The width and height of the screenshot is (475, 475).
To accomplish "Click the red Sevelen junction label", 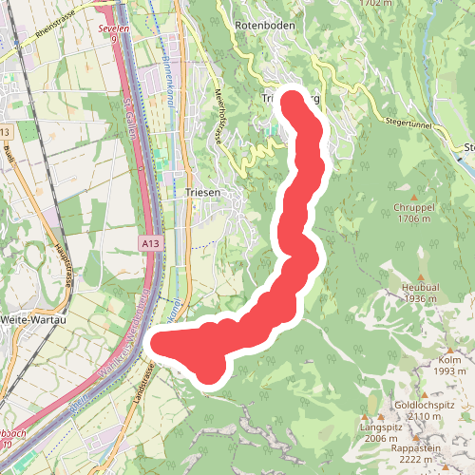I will pos(112,29).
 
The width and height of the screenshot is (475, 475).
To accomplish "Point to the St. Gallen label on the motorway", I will pos(132,119).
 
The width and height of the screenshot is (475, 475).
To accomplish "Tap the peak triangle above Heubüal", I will pos(419,271).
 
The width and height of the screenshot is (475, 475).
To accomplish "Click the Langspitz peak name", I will pos(380,427).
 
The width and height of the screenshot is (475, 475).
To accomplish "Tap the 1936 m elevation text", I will pos(418,298).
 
